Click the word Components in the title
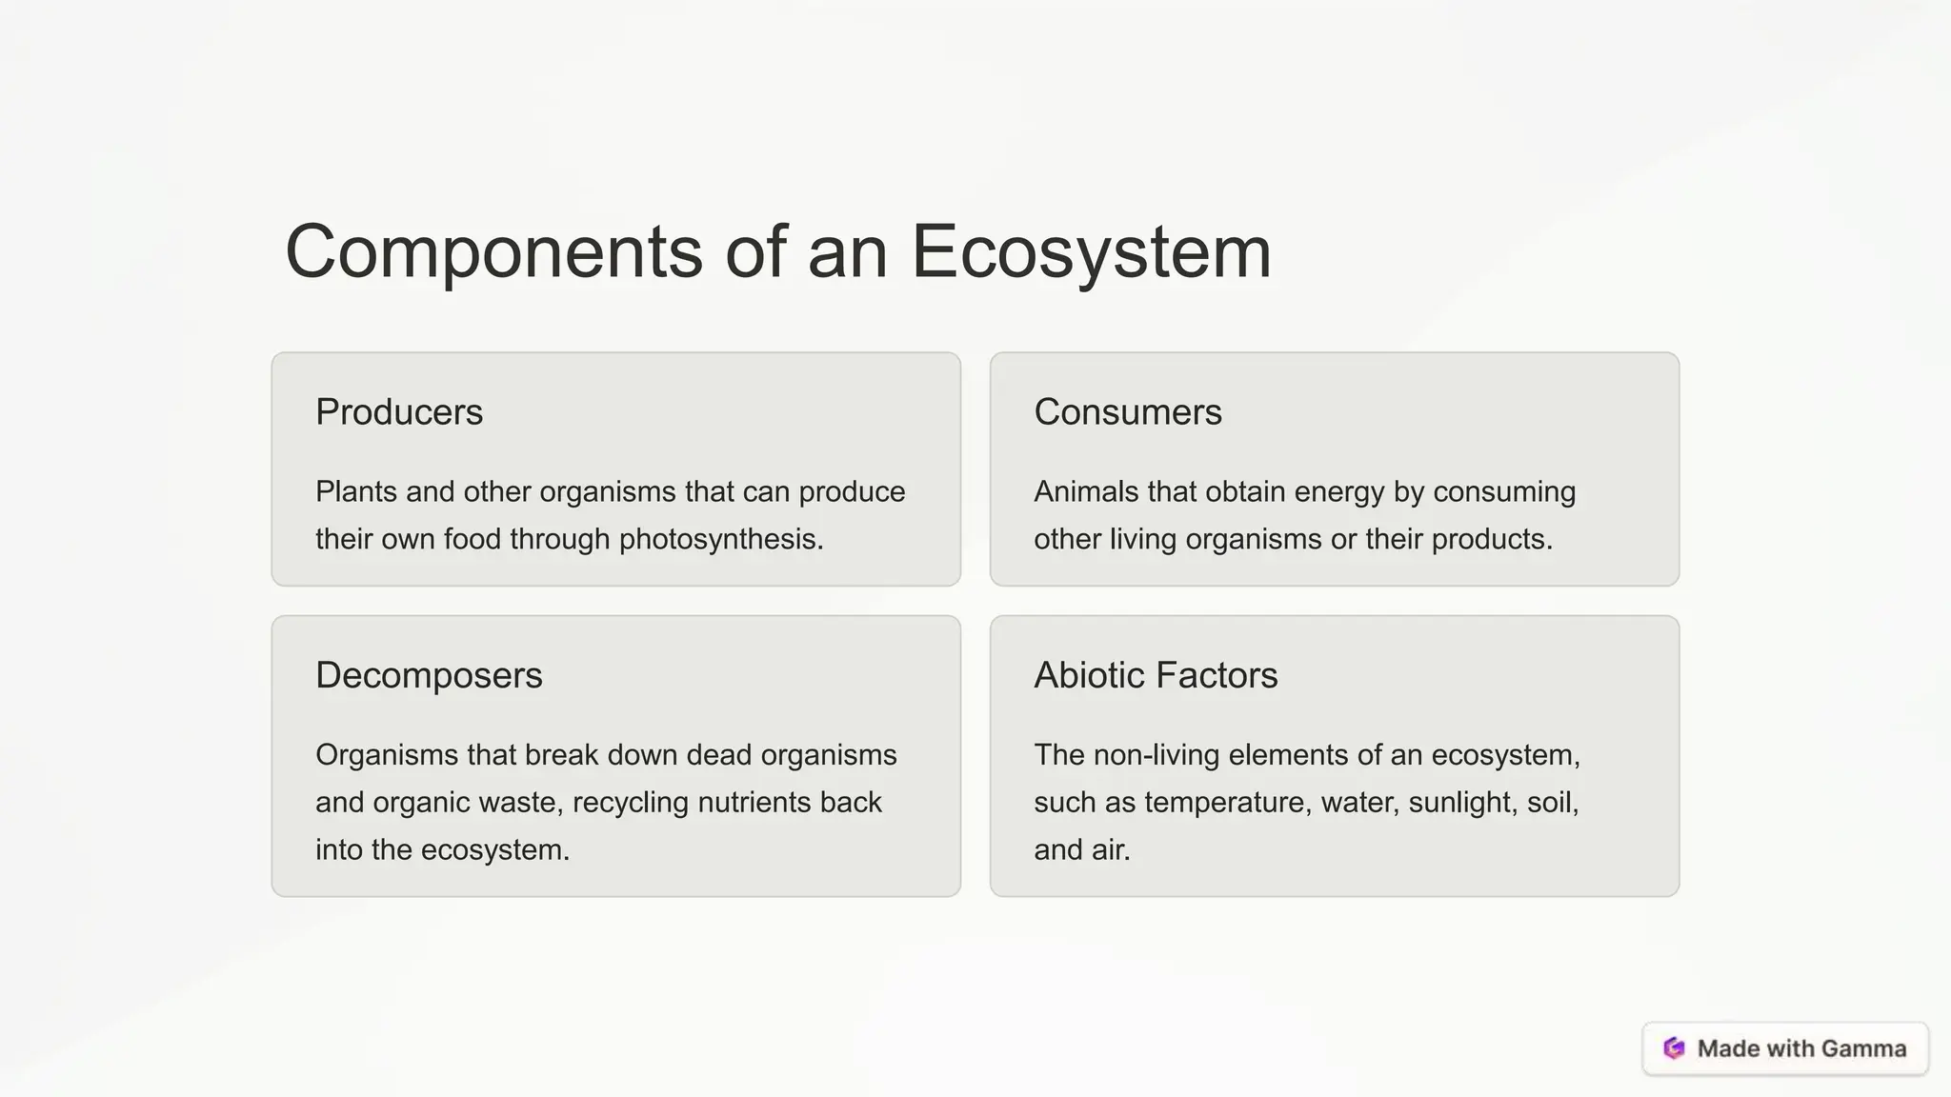tap(493, 252)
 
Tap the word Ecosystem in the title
tap(1091, 252)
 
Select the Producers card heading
tap(399, 412)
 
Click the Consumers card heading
tap(1127, 412)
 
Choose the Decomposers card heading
tap(429, 675)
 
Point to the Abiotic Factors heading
tap(1156, 675)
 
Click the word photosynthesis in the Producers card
tap(720, 540)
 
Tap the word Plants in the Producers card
tap(356, 492)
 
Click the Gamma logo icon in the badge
tap(1674, 1048)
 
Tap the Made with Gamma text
tap(1801, 1048)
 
